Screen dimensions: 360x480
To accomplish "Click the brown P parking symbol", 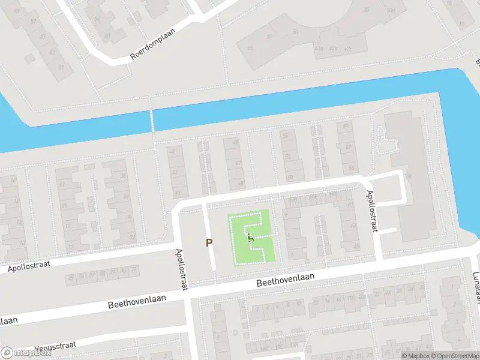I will coord(209,242).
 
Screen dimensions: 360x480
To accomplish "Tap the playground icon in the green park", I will coord(251,238).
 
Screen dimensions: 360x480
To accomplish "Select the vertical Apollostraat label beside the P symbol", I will coord(181,269).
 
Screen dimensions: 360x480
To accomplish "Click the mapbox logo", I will coord(26,353).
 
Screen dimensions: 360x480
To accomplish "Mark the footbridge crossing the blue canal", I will coord(152,120).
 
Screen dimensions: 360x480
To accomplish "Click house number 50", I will coord(290,178).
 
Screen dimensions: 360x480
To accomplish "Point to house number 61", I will coord(350,205).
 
